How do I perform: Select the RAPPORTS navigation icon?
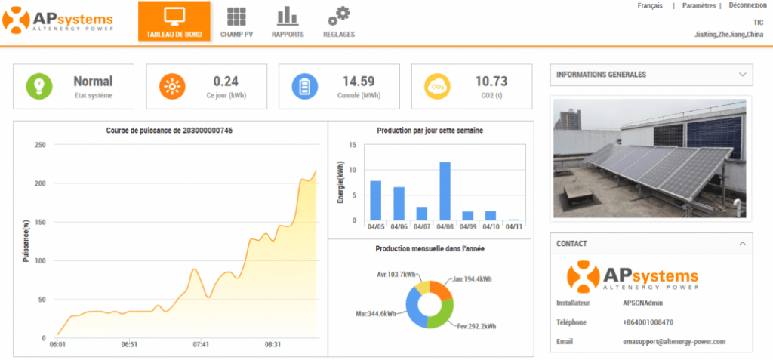coord(287,17)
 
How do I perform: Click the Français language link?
coord(650,5)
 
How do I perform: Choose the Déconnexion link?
coord(747,5)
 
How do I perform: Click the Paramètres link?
coord(698,5)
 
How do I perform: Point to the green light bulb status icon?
coord(39,87)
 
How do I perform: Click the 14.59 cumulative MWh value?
coord(359,82)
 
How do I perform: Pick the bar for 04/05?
coord(375,200)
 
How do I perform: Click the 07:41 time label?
coord(201,345)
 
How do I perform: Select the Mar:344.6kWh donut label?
coord(376,312)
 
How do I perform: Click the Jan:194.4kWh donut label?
coord(472,279)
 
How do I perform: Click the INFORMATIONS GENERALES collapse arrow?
coord(742,75)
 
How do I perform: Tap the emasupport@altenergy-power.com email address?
coord(669,341)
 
